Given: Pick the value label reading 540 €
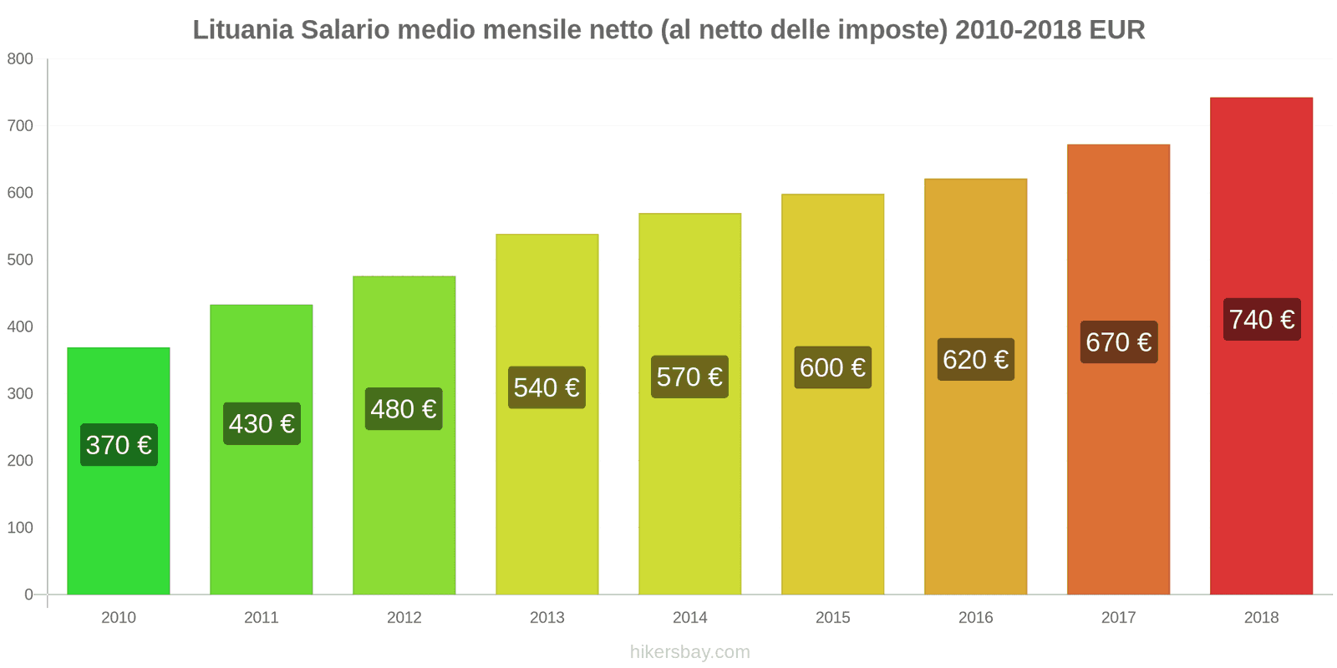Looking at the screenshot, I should (546, 387).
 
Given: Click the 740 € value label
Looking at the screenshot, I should (1261, 320).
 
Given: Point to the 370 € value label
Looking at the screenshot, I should (119, 445).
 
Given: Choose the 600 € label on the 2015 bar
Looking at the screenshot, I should (832, 367).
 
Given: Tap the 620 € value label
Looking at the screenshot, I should (975, 360).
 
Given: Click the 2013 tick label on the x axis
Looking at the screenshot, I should (546, 617).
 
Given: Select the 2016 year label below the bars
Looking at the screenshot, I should (975, 617).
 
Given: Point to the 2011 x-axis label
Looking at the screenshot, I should (261, 617).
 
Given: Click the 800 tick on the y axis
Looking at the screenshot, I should (20, 58).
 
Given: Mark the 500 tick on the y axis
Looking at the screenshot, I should (20, 260).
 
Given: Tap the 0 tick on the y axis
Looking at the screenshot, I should (28, 595).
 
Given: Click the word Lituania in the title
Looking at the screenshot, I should (243, 30).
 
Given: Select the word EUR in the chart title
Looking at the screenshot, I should (1116, 30).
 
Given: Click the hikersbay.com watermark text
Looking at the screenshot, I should (689, 652).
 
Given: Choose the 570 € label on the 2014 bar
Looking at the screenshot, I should (689, 377).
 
